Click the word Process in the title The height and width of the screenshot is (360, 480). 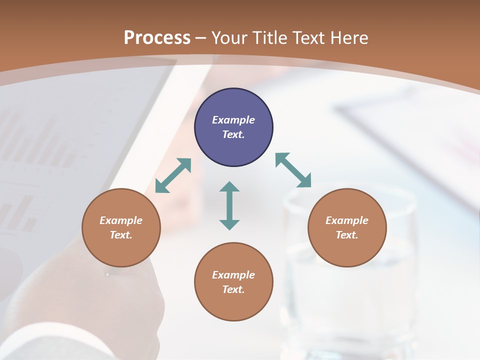(157, 38)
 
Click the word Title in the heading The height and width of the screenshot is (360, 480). (269, 38)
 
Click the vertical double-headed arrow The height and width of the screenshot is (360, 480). (229, 205)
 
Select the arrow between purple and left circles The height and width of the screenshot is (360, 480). (173, 175)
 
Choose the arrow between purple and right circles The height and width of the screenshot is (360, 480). (293, 170)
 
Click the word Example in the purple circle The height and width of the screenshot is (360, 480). (233, 120)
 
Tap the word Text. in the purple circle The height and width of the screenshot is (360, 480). (233, 134)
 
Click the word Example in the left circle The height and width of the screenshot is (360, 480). (121, 220)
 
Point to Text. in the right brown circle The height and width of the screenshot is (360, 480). (347, 235)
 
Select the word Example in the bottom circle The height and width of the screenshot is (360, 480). (233, 275)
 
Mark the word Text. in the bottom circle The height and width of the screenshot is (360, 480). (233, 289)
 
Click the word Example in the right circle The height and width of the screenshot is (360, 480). (347, 220)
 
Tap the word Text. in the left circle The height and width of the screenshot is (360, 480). (121, 235)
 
